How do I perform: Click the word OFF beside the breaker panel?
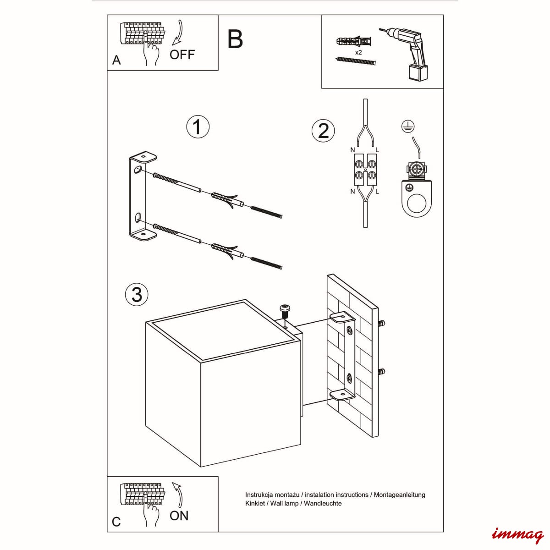pos(182,55)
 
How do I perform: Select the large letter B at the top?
pos(235,39)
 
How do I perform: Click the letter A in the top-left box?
pos(116,60)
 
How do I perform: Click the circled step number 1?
pos(198,127)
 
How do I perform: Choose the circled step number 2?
pos(323,132)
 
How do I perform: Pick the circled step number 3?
pos(137,295)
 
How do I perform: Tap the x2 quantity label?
pos(358,53)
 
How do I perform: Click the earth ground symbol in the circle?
pos(408,126)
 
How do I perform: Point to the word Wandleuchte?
pos(323,503)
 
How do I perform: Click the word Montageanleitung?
pos(399,495)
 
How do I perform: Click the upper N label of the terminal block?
pos(352,149)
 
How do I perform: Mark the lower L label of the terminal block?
pos(377,192)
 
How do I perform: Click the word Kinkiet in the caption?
pos(255,503)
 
